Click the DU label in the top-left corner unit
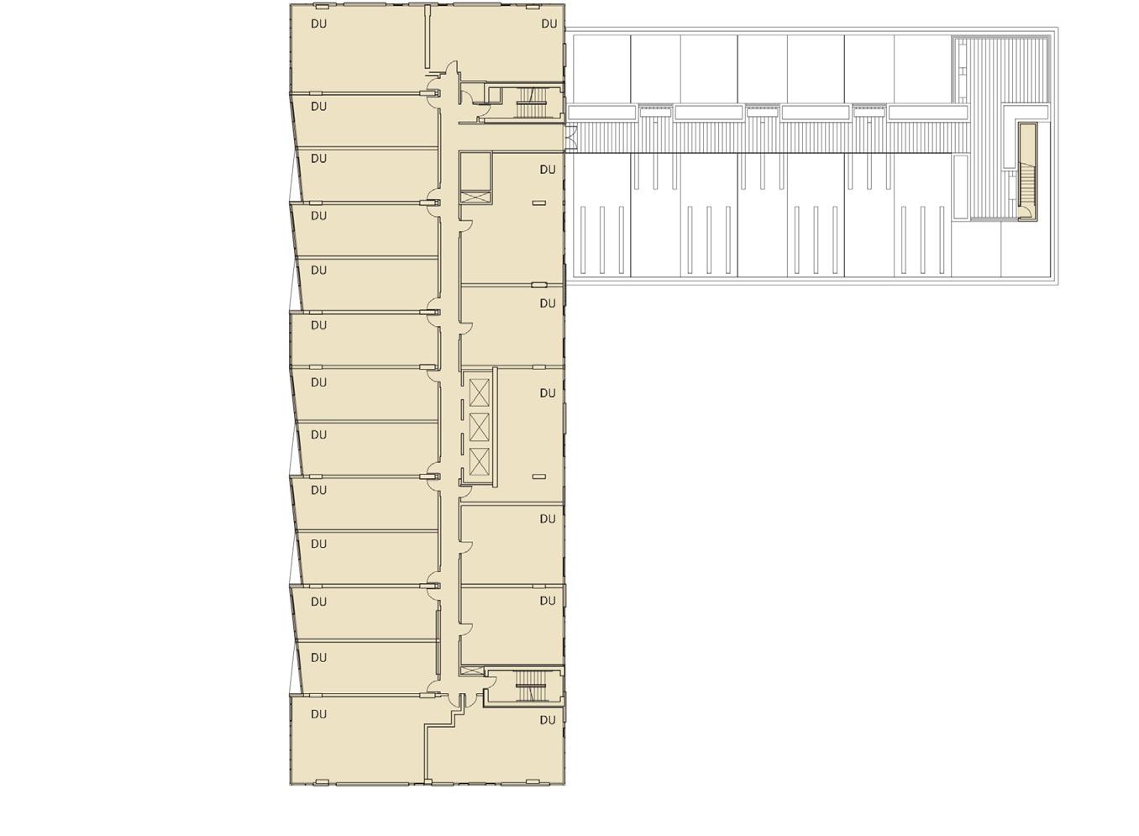[x=319, y=24]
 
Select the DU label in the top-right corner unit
[x=549, y=24]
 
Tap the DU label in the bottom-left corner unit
[x=319, y=714]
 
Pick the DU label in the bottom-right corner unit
[x=548, y=720]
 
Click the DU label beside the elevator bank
[x=548, y=393]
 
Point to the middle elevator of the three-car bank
[x=479, y=427]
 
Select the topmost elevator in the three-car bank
[x=479, y=392]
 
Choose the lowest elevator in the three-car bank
[x=479, y=462]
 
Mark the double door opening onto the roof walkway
[x=571, y=138]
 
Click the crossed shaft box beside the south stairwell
[x=472, y=670]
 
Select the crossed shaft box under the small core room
[x=475, y=197]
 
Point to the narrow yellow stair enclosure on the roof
[x=1027, y=171]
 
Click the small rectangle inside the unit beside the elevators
[x=539, y=476]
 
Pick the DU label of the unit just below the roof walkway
[x=548, y=170]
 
